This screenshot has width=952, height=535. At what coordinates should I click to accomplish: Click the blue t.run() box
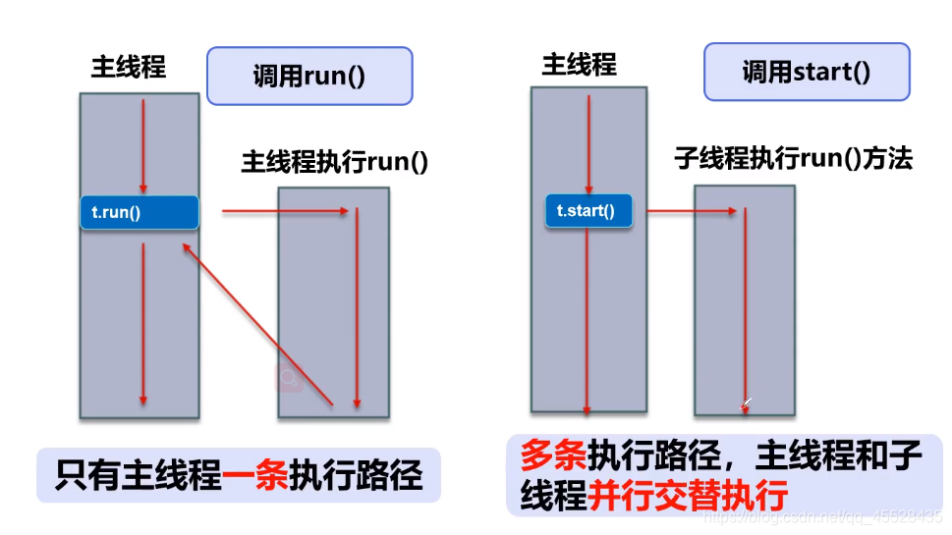[x=139, y=212]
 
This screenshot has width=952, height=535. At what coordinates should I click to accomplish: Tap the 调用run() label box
[x=308, y=77]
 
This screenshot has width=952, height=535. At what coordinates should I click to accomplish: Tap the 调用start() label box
[x=806, y=72]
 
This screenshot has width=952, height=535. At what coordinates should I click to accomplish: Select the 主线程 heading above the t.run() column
[x=129, y=67]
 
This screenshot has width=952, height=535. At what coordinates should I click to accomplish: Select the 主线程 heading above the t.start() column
[x=579, y=65]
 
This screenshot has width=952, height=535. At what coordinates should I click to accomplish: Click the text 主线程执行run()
[x=335, y=162]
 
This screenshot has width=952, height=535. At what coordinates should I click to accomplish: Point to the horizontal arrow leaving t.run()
[x=285, y=210]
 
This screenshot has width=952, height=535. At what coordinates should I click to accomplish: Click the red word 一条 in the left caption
[x=254, y=475]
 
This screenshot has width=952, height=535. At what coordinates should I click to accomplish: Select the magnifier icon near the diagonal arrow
[x=289, y=378]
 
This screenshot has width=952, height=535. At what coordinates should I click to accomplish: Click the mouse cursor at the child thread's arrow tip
[x=747, y=402]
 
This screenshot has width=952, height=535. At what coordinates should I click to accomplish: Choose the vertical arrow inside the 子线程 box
[x=746, y=304]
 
